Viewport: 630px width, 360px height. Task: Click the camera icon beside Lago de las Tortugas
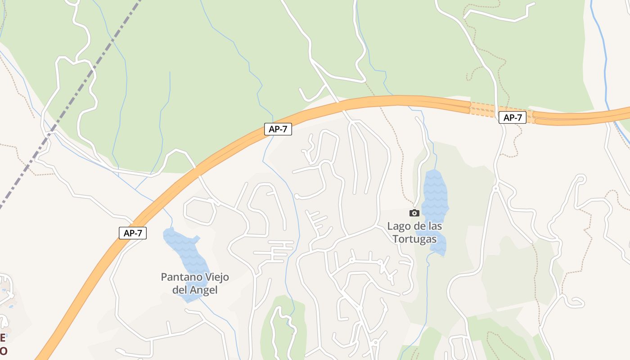[x=414, y=213]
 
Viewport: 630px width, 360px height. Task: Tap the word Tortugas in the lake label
[x=414, y=238]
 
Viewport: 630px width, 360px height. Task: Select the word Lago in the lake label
[x=398, y=226]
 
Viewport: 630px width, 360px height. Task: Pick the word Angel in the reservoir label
[x=203, y=290]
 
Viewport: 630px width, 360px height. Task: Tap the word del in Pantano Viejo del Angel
[x=180, y=290]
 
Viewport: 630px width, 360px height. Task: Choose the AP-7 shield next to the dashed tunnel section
[x=512, y=118]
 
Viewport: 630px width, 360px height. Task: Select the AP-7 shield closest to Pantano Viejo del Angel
[x=133, y=233]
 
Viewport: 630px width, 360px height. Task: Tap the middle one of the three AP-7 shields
[x=278, y=129]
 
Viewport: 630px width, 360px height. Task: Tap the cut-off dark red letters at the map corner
[x=3, y=344]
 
